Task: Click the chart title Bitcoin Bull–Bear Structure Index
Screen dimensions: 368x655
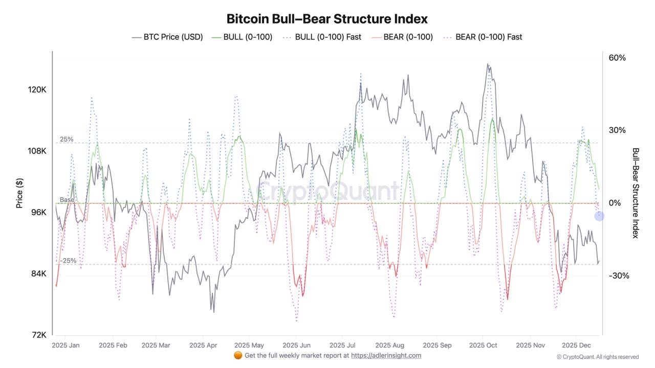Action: (x=327, y=19)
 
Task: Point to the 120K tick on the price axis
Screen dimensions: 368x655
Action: (x=37, y=89)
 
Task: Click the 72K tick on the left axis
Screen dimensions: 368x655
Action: (x=39, y=335)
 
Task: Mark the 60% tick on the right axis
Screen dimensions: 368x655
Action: (x=617, y=58)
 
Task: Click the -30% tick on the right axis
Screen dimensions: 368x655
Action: (x=619, y=275)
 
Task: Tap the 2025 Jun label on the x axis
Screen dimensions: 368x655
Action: (x=296, y=346)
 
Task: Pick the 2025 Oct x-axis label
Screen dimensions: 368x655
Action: (x=483, y=346)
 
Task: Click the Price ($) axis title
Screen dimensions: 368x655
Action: (x=19, y=193)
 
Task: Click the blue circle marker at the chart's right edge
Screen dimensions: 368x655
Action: (x=599, y=216)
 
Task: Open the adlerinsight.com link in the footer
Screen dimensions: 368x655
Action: (x=386, y=355)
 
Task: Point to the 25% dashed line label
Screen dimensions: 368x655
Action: (x=67, y=139)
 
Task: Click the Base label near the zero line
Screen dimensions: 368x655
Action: (x=67, y=200)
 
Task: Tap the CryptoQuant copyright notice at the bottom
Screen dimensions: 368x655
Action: (x=598, y=357)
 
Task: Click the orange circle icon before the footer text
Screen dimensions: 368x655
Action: (x=238, y=355)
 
